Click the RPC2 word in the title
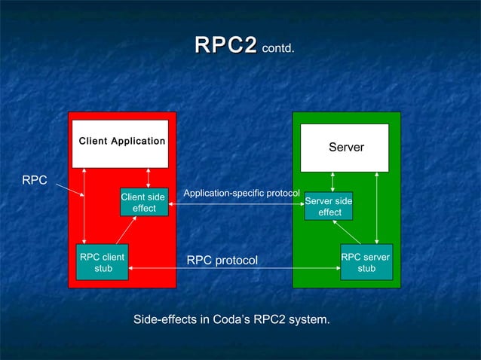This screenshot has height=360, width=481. coord(225,46)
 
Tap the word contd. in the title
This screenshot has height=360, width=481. coord(277,49)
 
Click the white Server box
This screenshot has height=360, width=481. coord(345,148)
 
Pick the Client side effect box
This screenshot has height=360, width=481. coord(144,202)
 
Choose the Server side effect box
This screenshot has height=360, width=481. coord(329,206)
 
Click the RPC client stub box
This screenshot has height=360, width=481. coord(102,263)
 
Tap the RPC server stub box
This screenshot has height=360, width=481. coord(366,262)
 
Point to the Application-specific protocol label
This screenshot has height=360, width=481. coord(241,194)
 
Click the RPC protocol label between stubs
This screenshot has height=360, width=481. coord(222,261)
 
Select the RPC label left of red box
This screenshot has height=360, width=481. coord(35,181)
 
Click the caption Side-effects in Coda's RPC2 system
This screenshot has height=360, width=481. coord(231,320)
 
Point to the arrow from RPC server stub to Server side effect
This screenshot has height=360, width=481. coord(348,232)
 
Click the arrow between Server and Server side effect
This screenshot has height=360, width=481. coord(332,182)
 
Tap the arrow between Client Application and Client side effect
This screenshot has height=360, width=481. coord(149,177)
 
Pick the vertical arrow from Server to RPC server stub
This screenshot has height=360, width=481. coord(376,207)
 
